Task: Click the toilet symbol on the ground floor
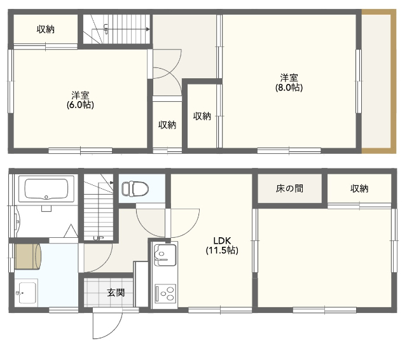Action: [x=135, y=188]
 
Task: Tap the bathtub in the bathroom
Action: [x=46, y=189]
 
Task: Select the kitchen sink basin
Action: [x=165, y=255]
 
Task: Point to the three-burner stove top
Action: [x=165, y=293]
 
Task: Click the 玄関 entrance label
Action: [x=116, y=293]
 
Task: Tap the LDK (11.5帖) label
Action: [x=222, y=246]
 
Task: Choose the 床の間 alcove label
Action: [x=289, y=188]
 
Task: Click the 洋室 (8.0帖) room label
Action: [x=289, y=83]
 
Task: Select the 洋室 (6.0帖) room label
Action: [x=80, y=100]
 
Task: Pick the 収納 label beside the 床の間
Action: [x=359, y=188]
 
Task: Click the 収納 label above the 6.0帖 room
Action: [x=46, y=29]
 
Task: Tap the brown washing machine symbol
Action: [x=28, y=256]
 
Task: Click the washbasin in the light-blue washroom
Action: [x=28, y=293]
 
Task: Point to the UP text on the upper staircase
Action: [x=106, y=29]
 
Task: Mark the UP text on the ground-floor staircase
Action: [x=99, y=238]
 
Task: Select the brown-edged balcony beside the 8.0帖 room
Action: [x=378, y=81]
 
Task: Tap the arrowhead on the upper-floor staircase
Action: [x=148, y=29]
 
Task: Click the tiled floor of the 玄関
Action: [x=108, y=293]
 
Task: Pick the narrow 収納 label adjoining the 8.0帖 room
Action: [x=202, y=116]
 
